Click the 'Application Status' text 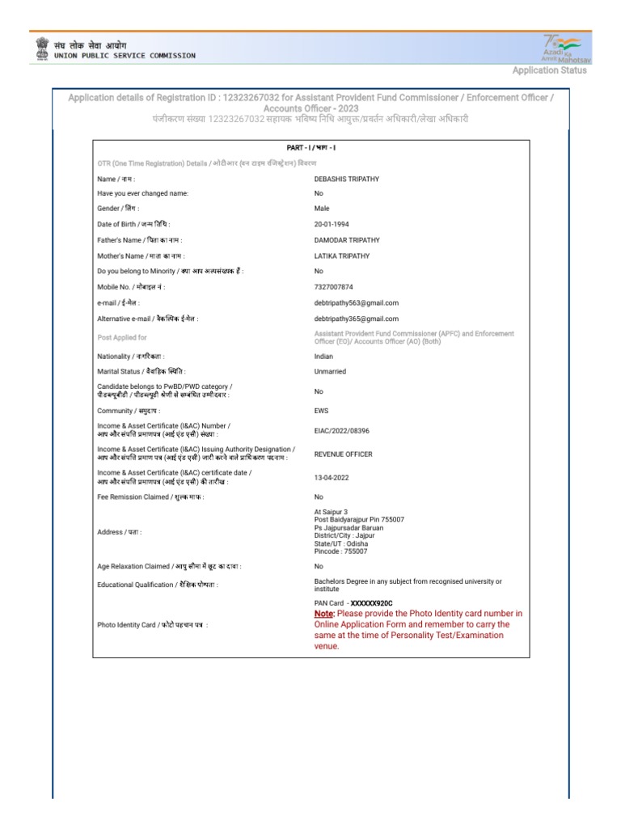[549, 70]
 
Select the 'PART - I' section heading [311, 148]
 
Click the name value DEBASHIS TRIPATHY [347, 179]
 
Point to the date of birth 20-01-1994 [332, 224]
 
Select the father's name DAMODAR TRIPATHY [347, 240]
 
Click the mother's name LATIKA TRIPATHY [342, 256]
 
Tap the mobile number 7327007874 [333, 287]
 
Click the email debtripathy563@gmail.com [356, 303]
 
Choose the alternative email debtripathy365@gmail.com [356, 319]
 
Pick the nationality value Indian [323, 356]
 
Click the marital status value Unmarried [330, 372]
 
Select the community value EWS [321, 412]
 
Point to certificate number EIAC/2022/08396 [341, 431]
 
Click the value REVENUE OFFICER [344, 454]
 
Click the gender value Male [322, 209]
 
